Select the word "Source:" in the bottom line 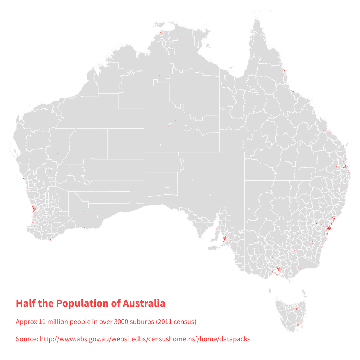27,339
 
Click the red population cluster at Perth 33,209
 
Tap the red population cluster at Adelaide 224,239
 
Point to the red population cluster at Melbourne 278,268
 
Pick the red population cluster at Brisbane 345,166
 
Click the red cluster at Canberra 313,242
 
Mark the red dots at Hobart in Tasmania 297,324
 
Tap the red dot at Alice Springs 185,131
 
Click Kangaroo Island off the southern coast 212,248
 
